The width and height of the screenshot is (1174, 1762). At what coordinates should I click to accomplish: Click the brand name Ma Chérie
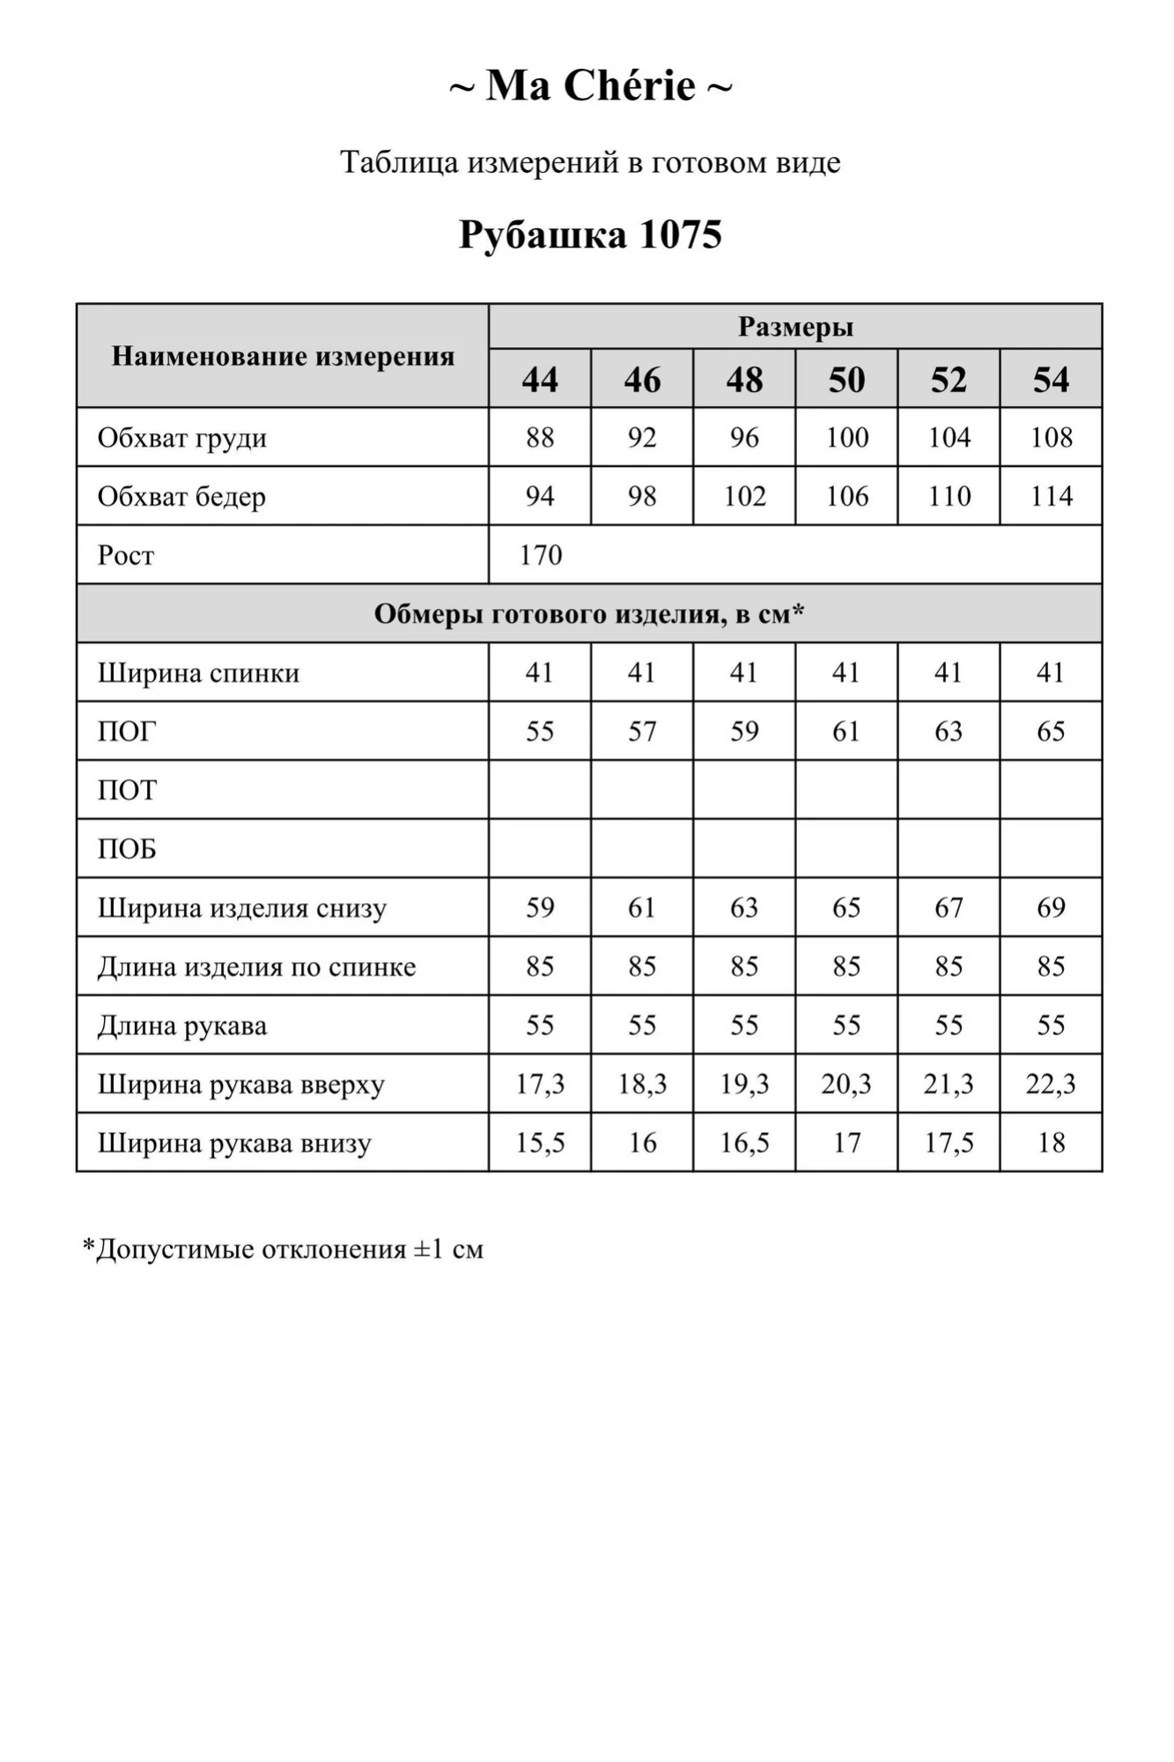pyautogui.click(x=590, y=86)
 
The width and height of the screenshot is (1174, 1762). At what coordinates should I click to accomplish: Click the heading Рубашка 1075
pyautogui.click(x=590, y=234)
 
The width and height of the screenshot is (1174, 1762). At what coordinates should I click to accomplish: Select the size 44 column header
pyautogui.click(x=540, y=380)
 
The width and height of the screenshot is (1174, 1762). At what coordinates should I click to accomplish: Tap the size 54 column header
pyautogui.click(x=1051, y=380)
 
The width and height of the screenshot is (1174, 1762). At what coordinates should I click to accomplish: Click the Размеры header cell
pyautogui.click(x=795, y=327)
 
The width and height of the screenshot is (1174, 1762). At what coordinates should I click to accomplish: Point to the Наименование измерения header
pyautogui.click(x=283, y=356)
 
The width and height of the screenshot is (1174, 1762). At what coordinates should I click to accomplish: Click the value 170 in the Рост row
pyautogui.click(x=541, y=555)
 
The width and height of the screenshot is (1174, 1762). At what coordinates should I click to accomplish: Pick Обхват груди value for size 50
pyautogui.click(x=846, y=437)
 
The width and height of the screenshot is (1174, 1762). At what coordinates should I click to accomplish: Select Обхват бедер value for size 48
pyautogui.click(x=744, y=496)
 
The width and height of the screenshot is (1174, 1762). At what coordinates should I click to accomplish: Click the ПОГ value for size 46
pyautogui.click(x=642, y=731)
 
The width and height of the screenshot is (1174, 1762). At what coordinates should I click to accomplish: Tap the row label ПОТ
pyautogui.click(x=127, y=790)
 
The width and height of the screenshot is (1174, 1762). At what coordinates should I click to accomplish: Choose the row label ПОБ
pyautogui.click(x=127, y=849)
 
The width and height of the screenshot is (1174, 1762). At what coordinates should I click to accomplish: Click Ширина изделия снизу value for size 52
pyautogui.click(x=949, y=907)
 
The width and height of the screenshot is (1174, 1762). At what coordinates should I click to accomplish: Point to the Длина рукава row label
pyautogui.click(x=182, y=1025)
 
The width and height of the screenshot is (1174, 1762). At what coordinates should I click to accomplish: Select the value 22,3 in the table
pyautogui.click(x=1051, y=1084)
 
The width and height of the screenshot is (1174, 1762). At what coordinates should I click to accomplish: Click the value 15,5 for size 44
pyautogui.click(x=540, y=1143)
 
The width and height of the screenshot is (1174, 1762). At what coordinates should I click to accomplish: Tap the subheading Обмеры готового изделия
pyautogui.click(x=589, y=614)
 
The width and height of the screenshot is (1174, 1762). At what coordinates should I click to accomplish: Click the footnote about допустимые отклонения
pyautogui.click(x=283, y=1249)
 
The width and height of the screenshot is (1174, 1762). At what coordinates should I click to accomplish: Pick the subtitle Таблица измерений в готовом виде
pyautogui.click(x=590, y=162)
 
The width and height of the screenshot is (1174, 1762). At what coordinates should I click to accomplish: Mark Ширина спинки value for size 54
pyautogui.click(x=1051, y=673)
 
